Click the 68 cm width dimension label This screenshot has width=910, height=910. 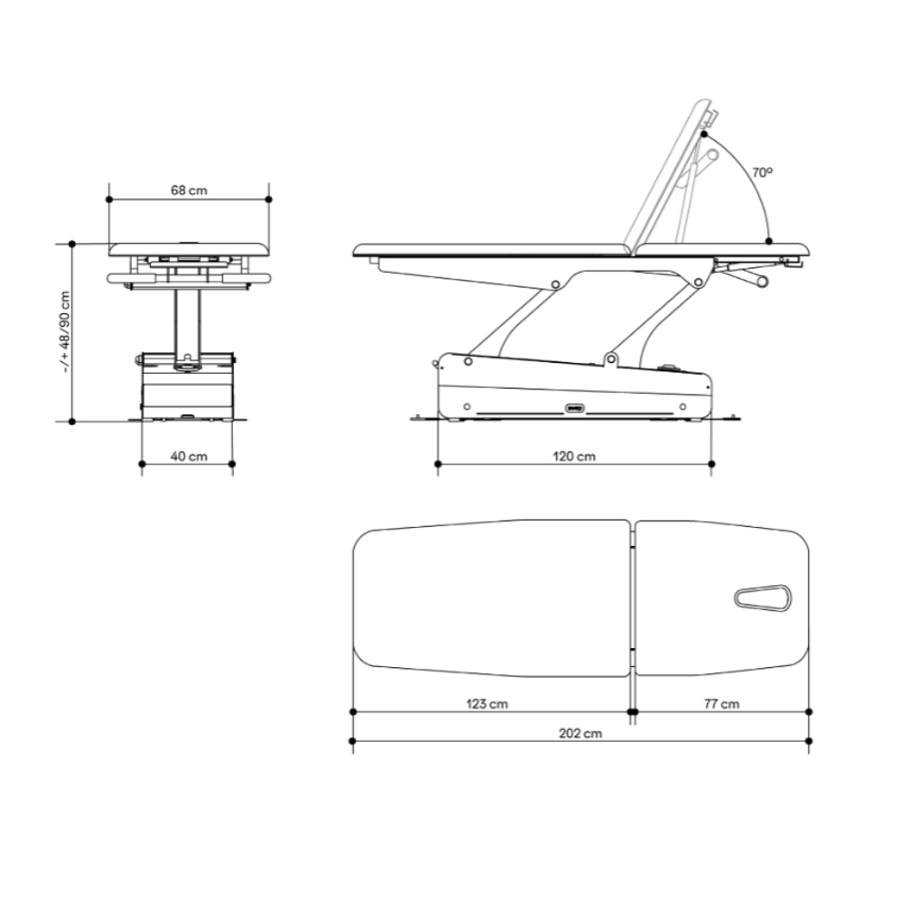pos(188,190)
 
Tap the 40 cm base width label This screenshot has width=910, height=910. pos(188,457)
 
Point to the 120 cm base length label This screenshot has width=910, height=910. pos(574,457)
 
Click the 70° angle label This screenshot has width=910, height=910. pos(763,172)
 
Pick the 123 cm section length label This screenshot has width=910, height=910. pos(487,704)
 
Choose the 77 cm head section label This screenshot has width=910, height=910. pos(722,704)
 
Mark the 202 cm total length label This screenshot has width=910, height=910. pos(581,733)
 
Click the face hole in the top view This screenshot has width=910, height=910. pos(763,598)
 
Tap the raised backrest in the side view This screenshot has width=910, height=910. pos(667,174)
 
